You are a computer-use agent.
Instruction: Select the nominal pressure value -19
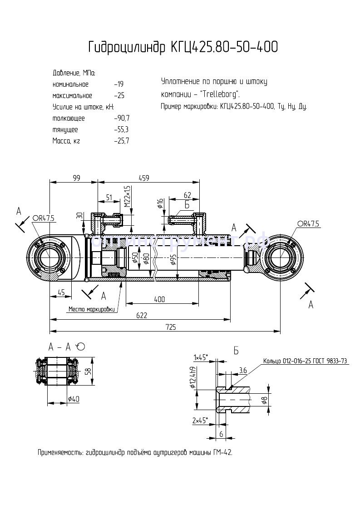tap(119, 84)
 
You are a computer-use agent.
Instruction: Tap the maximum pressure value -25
tap(119, 96)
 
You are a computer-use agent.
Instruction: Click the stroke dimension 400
tap(159, 299)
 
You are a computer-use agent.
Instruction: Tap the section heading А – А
tap(60, 347)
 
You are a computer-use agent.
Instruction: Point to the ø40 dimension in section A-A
tap(74, 399)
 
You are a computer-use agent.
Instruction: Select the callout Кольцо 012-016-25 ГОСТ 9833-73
tap(305, 361)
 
